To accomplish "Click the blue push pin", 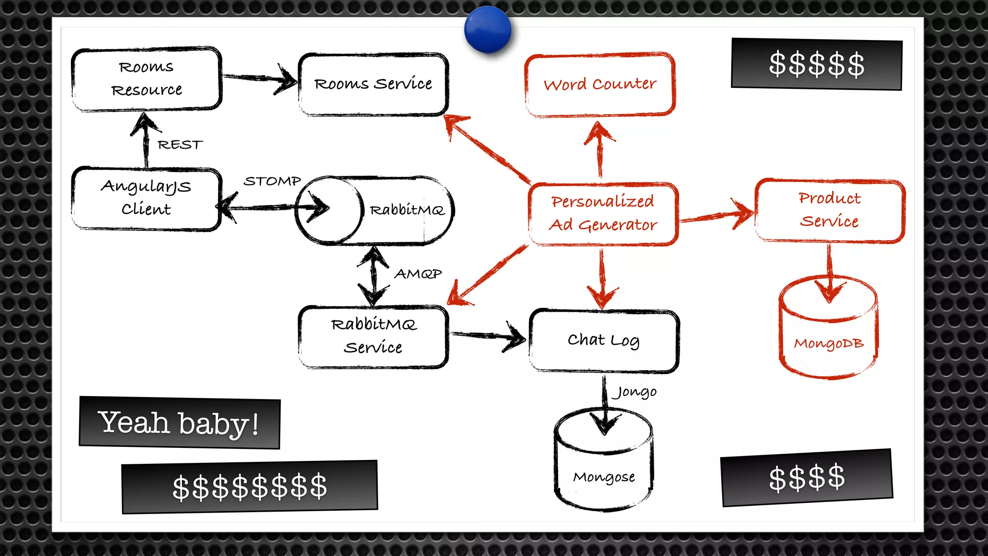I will [488, 29].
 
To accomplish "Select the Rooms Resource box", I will [147, 79].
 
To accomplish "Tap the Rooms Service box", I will [373, 84].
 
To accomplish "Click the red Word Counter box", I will [600, 84].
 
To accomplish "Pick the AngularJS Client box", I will [147, 198].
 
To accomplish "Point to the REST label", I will [180, 145].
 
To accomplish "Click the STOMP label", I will [272, 181].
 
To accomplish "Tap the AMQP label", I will [418, 274].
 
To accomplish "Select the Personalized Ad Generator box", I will [603, 213].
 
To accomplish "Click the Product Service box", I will [829, 210].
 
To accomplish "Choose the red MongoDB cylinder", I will [828, 333].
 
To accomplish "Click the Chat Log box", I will [604, 340].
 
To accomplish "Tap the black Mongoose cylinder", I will [604, 466].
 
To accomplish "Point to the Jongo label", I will [635, 392].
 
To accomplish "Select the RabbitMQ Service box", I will [373, 336].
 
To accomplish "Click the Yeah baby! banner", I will [179, 423].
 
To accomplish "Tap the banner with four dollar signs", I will [807, 478].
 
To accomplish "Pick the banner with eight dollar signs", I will [249, 486].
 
